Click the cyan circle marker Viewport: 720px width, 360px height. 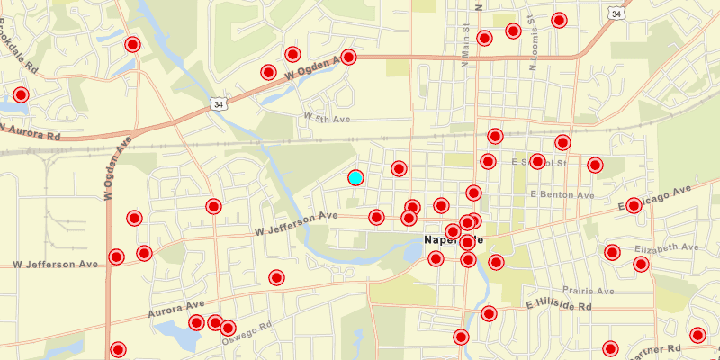point(355,177)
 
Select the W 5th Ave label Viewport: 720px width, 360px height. point(326,118)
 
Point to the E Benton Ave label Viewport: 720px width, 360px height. point(562,194)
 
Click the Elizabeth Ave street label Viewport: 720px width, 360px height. point(666,247)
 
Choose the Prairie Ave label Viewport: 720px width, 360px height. point(588,291)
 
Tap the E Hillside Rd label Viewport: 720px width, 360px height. point(559,307)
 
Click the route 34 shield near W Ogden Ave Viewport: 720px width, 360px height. point(219,104)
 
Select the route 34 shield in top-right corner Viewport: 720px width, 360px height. point(616,13)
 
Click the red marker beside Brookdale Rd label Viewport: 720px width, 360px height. point(21,94)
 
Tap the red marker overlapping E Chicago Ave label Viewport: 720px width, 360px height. point(634,205)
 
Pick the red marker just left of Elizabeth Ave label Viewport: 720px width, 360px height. point(612,252)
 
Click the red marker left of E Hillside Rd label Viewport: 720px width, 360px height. point(489,313)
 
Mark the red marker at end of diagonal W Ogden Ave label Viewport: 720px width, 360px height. point(349,58)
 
